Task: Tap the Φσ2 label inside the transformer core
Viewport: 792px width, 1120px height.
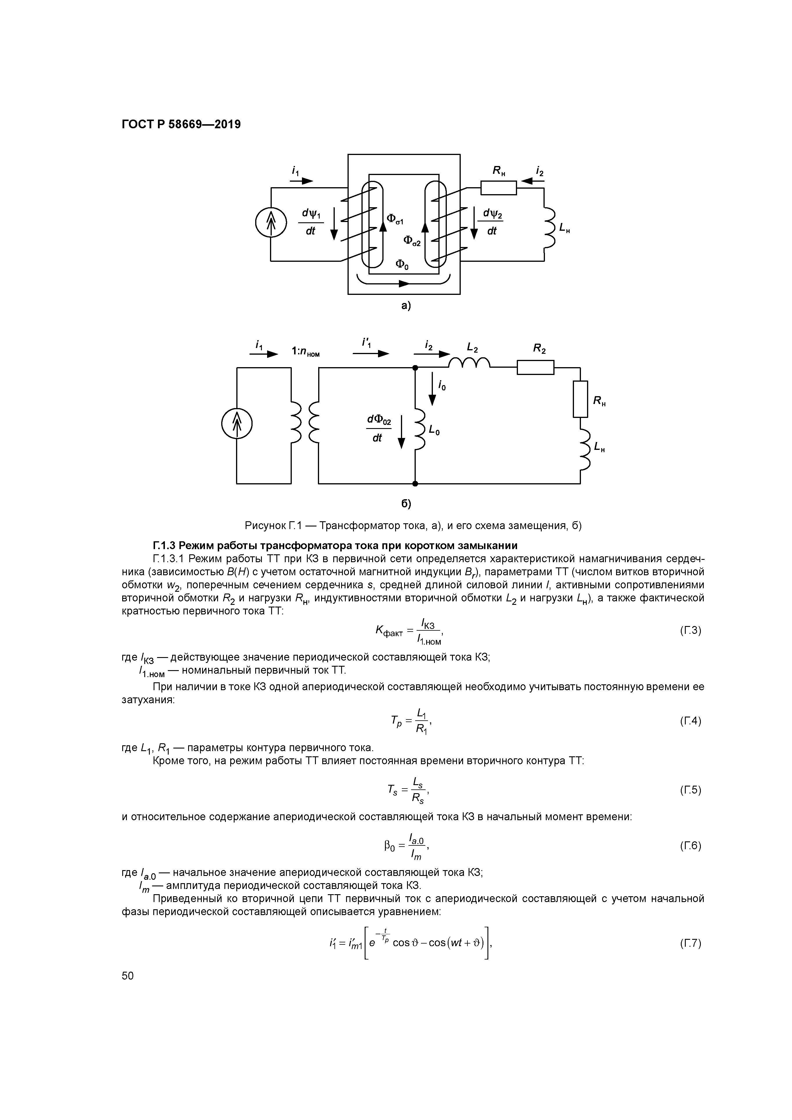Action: tap(411, 241)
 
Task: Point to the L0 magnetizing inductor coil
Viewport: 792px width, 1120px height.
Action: tap(420, 429)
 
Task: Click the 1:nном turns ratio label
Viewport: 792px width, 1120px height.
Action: tap(305, 352)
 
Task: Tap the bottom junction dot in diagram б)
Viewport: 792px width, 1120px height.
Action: tap(415, 484)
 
